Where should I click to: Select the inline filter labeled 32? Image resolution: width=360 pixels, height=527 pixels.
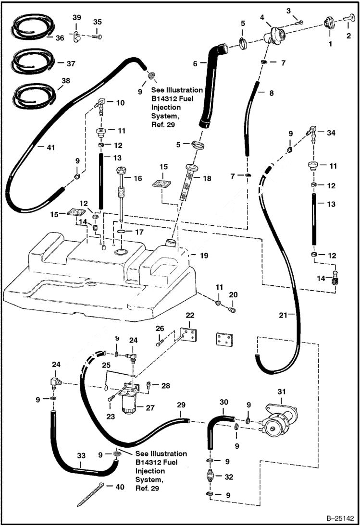[211, 478]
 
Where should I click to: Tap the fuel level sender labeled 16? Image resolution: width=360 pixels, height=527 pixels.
[121, 195]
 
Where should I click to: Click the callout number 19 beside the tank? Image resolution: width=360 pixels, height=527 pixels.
[204, 256]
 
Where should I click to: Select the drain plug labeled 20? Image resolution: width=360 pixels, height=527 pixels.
[232, 310]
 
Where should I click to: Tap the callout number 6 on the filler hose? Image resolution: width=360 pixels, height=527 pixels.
[195, 62]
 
